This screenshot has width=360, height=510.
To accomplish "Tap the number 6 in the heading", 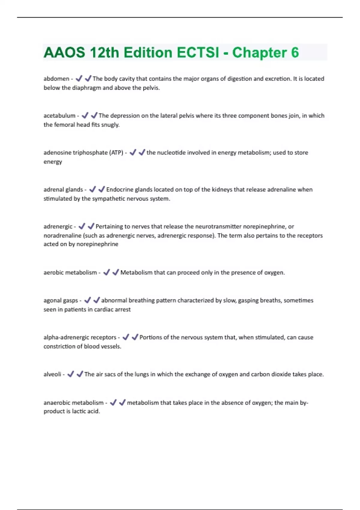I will click(x=295, y=52).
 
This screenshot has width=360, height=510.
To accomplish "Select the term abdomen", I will click(x=56, y=79).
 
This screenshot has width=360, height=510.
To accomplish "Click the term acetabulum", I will click(x=59, y=115).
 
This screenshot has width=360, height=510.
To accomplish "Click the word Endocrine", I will click(x=120, y=189).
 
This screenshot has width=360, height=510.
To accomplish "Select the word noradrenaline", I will click(x=62, y=235).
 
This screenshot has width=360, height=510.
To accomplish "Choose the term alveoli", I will click(x=52, y=374).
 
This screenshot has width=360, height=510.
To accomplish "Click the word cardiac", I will click(x=103, y=309).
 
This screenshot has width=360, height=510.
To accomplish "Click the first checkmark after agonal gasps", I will click(x=87, y=300).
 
